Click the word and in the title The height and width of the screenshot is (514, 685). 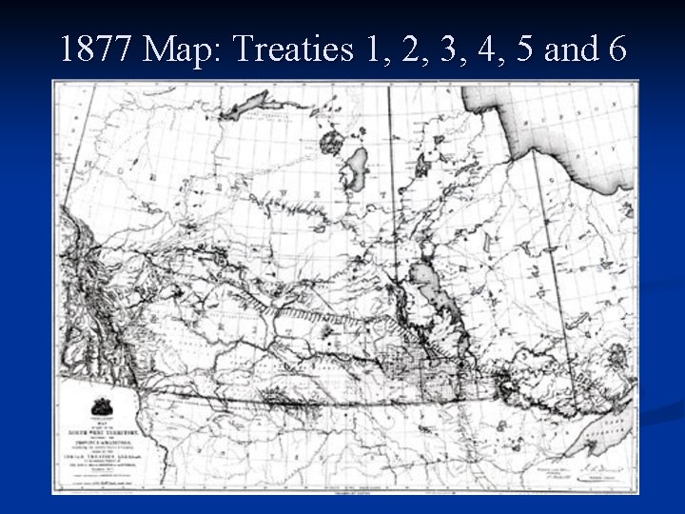point(573,49)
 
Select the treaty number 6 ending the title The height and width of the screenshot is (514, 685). point(616,49)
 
